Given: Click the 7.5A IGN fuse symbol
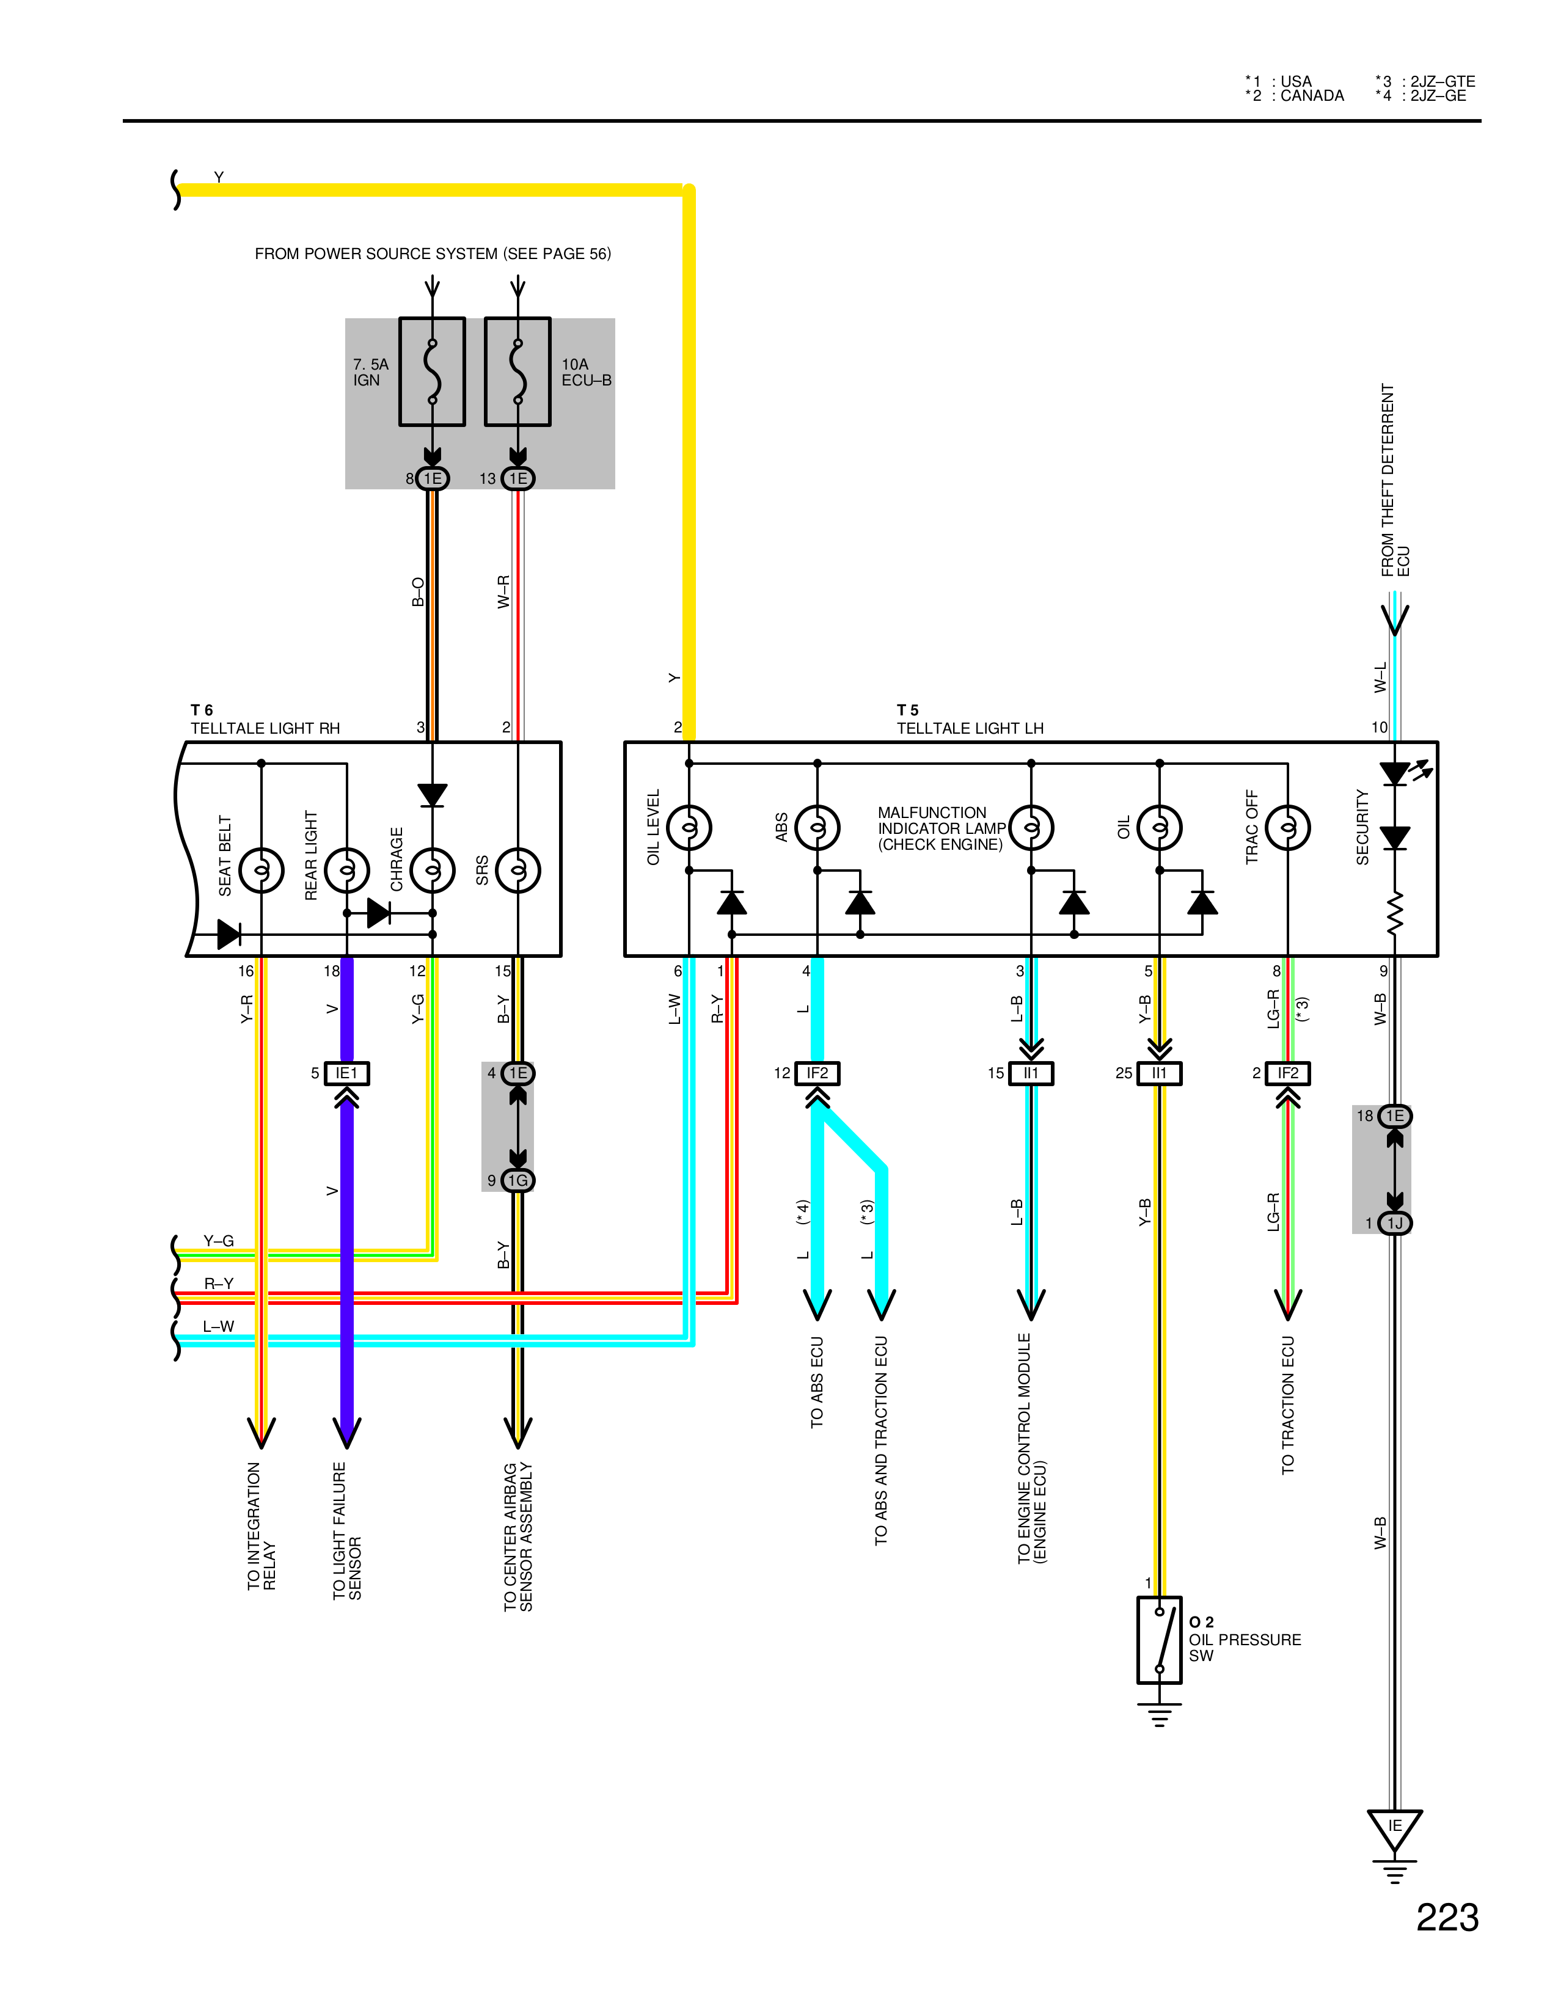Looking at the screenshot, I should click(x=432, y=372).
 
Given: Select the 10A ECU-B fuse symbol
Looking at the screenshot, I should click(x=518, y=372).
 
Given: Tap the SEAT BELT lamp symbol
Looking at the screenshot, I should click(x=261, y=869).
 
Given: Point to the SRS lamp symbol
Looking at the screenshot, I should click(x=518, y=869).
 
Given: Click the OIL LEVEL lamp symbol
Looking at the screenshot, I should click(x=689, y=827).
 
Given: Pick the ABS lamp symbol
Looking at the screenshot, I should click(x=817, y=827).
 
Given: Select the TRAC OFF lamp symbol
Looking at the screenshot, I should click(x=1287, y=827).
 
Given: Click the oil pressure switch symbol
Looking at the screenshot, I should click(x=1159, y=1640).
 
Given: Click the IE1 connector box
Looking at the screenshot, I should click(x=347, y=1073).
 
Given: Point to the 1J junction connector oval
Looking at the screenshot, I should click(x=1395, y=1223).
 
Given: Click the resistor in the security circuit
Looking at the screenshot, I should click(x=1395, y=912).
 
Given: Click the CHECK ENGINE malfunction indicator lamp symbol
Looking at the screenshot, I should click(x=1031, y=827).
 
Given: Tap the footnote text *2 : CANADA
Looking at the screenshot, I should click(x=1294, y=96).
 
